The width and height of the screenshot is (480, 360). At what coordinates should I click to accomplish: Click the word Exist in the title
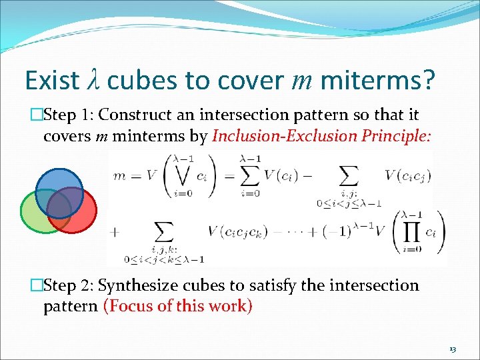[x=52, y=80]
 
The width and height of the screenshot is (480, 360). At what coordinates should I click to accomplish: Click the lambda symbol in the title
[x=94, y=80]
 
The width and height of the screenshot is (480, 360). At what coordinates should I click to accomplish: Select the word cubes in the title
[x=141, y=80]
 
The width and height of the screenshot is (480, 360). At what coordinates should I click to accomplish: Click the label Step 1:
[x=69, y=115]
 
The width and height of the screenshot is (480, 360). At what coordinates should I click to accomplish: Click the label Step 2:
[x=69, y=286]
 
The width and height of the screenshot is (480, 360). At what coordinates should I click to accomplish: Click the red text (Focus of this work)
[x=177, y=307]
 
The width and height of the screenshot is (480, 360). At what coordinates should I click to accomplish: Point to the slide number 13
[x=453, y=349]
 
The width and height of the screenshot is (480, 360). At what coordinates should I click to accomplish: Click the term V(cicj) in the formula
[x=408, y=175]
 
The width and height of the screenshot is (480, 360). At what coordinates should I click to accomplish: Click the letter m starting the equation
[x=119, y=175]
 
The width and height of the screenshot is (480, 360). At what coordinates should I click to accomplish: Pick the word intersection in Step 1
[x=261, y=115]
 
